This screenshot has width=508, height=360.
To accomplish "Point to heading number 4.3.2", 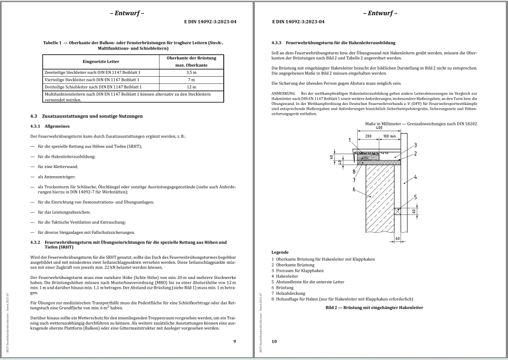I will point(37,241).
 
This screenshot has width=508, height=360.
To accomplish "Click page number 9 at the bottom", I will point(234,341).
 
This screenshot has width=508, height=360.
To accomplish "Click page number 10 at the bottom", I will point(274,341).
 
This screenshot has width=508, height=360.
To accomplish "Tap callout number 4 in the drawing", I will point(414,177).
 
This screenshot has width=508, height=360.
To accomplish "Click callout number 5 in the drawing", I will point(415,197).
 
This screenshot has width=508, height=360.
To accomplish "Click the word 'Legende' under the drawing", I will point(280,252).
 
